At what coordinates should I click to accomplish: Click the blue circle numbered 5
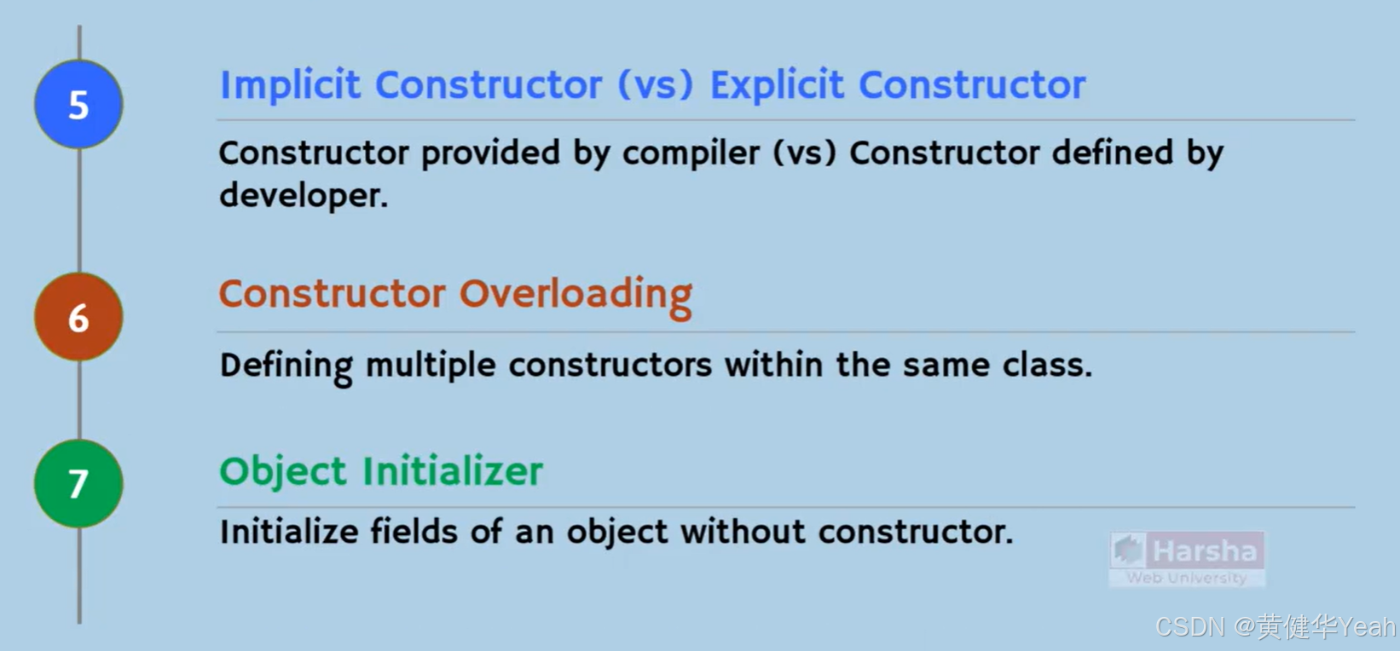[x=78, y=105]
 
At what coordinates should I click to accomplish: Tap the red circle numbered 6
[x=78, y=317]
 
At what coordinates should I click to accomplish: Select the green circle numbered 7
[x=78, y=483]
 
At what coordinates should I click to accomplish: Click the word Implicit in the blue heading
[x=291, y=85]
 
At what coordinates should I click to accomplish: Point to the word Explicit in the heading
[x=777, y=85]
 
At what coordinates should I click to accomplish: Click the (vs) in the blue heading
[x=655, y=85]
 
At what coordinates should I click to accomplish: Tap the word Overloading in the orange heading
[x=576, y=295]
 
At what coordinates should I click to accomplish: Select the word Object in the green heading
[x=283, y=472]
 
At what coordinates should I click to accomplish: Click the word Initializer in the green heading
[x=453, y=471]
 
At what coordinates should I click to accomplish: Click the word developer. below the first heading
[x=304, y=196]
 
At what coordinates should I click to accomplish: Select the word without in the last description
[x=743, y=532]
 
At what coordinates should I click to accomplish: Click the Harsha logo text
[x=1204, y=551]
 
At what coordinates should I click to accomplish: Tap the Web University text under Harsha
[x=1186, y=578]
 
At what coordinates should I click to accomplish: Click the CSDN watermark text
[x=1190, y=627]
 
